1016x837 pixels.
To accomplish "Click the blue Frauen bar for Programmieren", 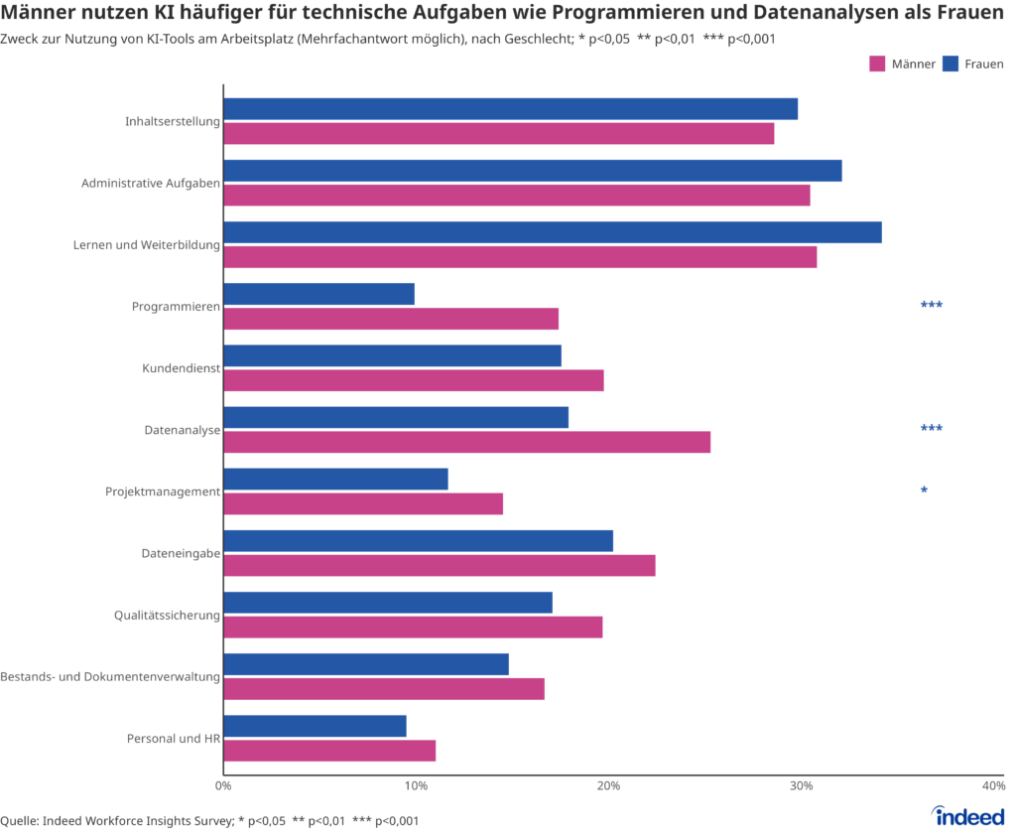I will coord(318,294).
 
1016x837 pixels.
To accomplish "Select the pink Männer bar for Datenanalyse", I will coord(466,442).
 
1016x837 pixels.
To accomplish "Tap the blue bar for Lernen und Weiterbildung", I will coord(552,232).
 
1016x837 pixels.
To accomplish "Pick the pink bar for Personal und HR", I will coord(329,751).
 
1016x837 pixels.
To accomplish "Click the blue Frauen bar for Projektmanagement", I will coord(335,479).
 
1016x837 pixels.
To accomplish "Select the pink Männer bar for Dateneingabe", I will coord(439,565).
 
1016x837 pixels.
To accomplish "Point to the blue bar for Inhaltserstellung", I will coord(510,109).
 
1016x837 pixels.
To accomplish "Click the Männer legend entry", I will coord(902,64).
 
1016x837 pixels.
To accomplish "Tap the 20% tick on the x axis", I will coord(609,785).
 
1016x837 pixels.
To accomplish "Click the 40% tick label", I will coord(993,785).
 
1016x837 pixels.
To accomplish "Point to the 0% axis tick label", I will coord(223,785).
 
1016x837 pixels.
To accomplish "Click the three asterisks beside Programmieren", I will coord(931,306).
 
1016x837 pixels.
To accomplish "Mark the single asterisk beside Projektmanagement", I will coord(924,491).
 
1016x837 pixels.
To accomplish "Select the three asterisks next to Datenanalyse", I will coord(931,430).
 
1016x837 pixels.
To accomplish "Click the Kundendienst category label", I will coord(181,368).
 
